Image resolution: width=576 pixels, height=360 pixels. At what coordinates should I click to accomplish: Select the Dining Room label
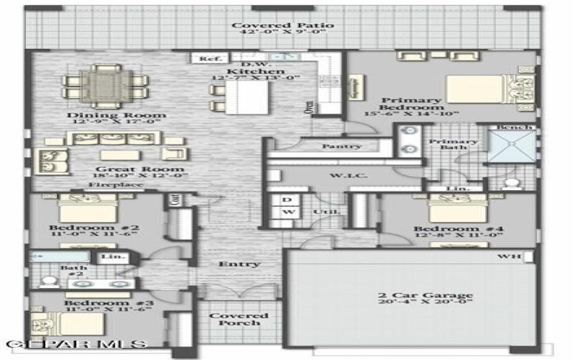click(x=117, y=115)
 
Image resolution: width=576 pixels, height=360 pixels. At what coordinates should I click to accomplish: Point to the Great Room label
click(x=132, y=171)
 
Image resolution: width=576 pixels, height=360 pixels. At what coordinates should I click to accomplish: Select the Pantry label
click(x=341, y=146)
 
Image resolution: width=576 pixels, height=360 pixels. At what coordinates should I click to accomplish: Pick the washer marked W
click(x=288, y=212)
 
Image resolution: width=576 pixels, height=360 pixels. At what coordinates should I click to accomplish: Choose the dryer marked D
click(x=287, y=199)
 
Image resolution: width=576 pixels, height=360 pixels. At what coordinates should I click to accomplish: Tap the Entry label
click(x=239, y=264)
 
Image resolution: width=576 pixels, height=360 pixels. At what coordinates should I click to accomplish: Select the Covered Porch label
click(x=238, y=319)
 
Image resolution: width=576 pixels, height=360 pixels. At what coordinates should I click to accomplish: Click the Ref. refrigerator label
click(x=210, y=59)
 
